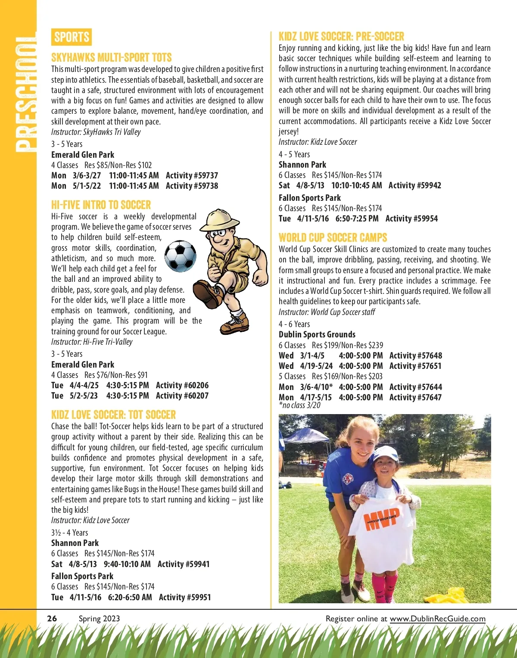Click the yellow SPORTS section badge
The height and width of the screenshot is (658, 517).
[72, 37]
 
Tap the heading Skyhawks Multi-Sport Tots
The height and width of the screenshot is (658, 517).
[111, 58]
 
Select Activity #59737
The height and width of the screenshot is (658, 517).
[192, 175]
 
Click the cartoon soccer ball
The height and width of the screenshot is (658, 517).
[181, 256]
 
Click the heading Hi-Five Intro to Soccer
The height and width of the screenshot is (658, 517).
[101, 205]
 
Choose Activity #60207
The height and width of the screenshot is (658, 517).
[182, 396]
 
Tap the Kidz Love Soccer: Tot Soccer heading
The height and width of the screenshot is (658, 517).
[113, 415]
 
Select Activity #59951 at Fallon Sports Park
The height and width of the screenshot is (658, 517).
[185, 597]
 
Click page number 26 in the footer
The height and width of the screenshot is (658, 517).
[52, 618]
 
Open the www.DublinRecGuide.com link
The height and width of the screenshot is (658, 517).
[437, 619]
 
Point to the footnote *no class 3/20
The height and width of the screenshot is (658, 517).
[299, 405]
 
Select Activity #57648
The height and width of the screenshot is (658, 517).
[415, 356]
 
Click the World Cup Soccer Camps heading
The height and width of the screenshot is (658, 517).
[333, 237]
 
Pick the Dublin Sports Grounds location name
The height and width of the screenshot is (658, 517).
[317, 334]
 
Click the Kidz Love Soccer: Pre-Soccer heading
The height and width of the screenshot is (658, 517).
[341, 36]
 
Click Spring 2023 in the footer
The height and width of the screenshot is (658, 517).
[99, 619]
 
